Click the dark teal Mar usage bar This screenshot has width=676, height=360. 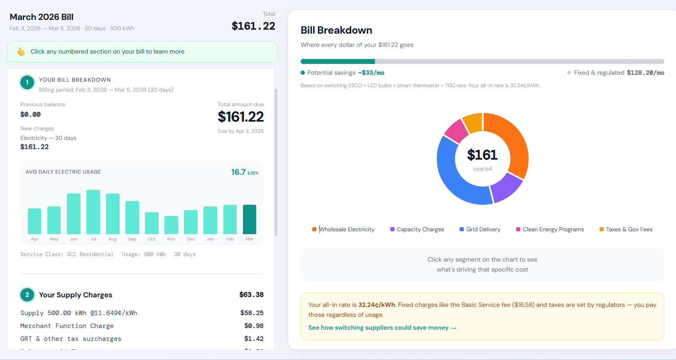(249, 219)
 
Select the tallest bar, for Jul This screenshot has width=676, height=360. (93, 212)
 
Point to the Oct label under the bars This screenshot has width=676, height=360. (152, 239)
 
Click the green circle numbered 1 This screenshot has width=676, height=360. (27, 82)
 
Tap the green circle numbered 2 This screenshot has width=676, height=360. (27, 295)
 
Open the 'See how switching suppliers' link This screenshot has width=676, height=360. (382, 328)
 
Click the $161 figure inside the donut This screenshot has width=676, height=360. (482, 155)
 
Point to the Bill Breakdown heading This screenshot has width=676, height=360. (336, 30)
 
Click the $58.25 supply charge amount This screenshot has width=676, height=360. (252, 313)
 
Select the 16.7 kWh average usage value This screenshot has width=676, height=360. (245, 172)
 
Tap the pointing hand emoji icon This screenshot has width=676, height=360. (21, 51)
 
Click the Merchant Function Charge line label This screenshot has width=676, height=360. (67, 326)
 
